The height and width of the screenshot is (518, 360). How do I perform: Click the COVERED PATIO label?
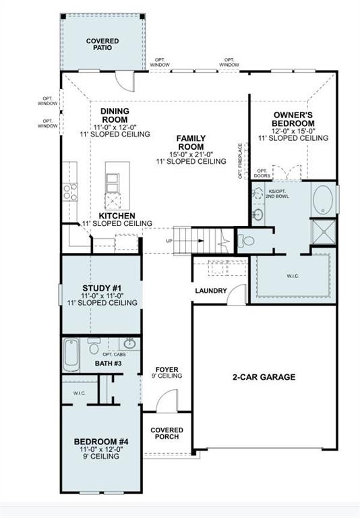click(102, 45)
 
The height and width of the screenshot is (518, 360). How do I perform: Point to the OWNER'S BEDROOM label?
click(293, 119)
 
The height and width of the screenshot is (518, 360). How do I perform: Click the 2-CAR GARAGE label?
click(265, 377)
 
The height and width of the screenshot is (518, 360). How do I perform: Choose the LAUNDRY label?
click(210, 291)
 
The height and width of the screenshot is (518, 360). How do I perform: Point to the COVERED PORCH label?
click(167, 434)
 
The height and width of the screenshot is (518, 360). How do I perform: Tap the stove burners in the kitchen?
click(67, 193)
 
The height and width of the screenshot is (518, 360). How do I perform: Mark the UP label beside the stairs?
click(171, 241)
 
